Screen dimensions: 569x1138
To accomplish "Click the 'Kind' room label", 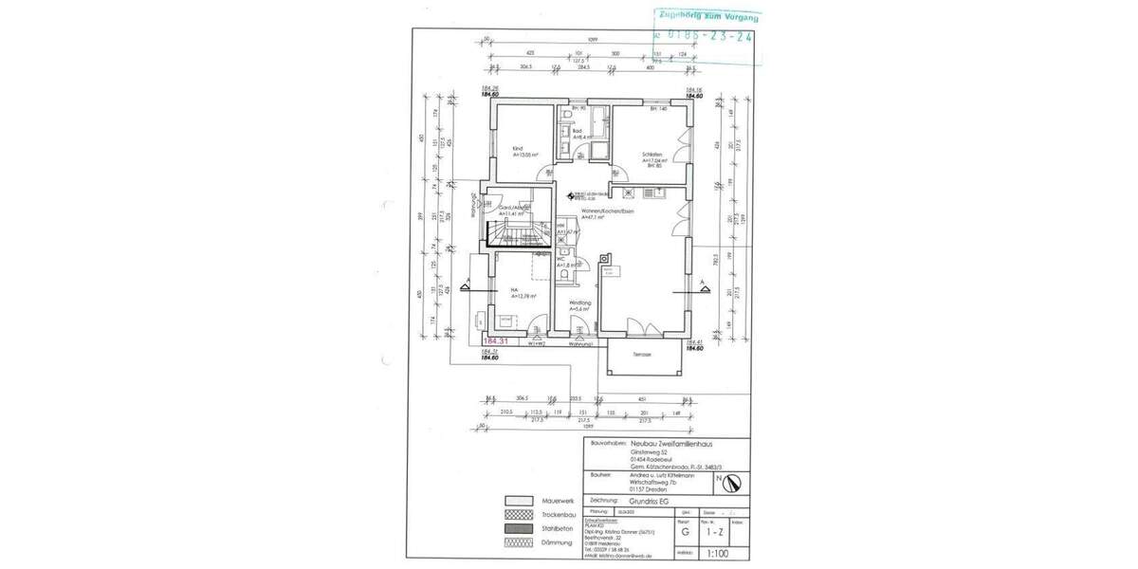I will (x=518, y=149).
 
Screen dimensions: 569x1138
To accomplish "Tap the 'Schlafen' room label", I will (x=651, y=154).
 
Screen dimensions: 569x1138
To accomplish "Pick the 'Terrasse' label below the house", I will (x=642, y=354).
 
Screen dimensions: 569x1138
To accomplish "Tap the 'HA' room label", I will (x=514, y=290).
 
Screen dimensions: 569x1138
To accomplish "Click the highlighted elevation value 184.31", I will (x=496, y=340).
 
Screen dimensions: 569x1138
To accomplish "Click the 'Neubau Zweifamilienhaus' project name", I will (x=673, y=443).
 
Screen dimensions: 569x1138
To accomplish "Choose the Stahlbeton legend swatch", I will (x=518, y=528).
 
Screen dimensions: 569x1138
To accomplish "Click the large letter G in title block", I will (x=685, y=533).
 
